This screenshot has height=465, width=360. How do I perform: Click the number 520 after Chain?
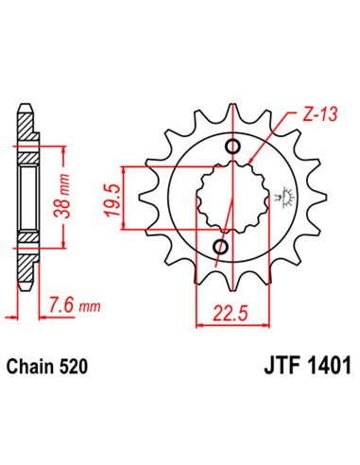tap(77, 364)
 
